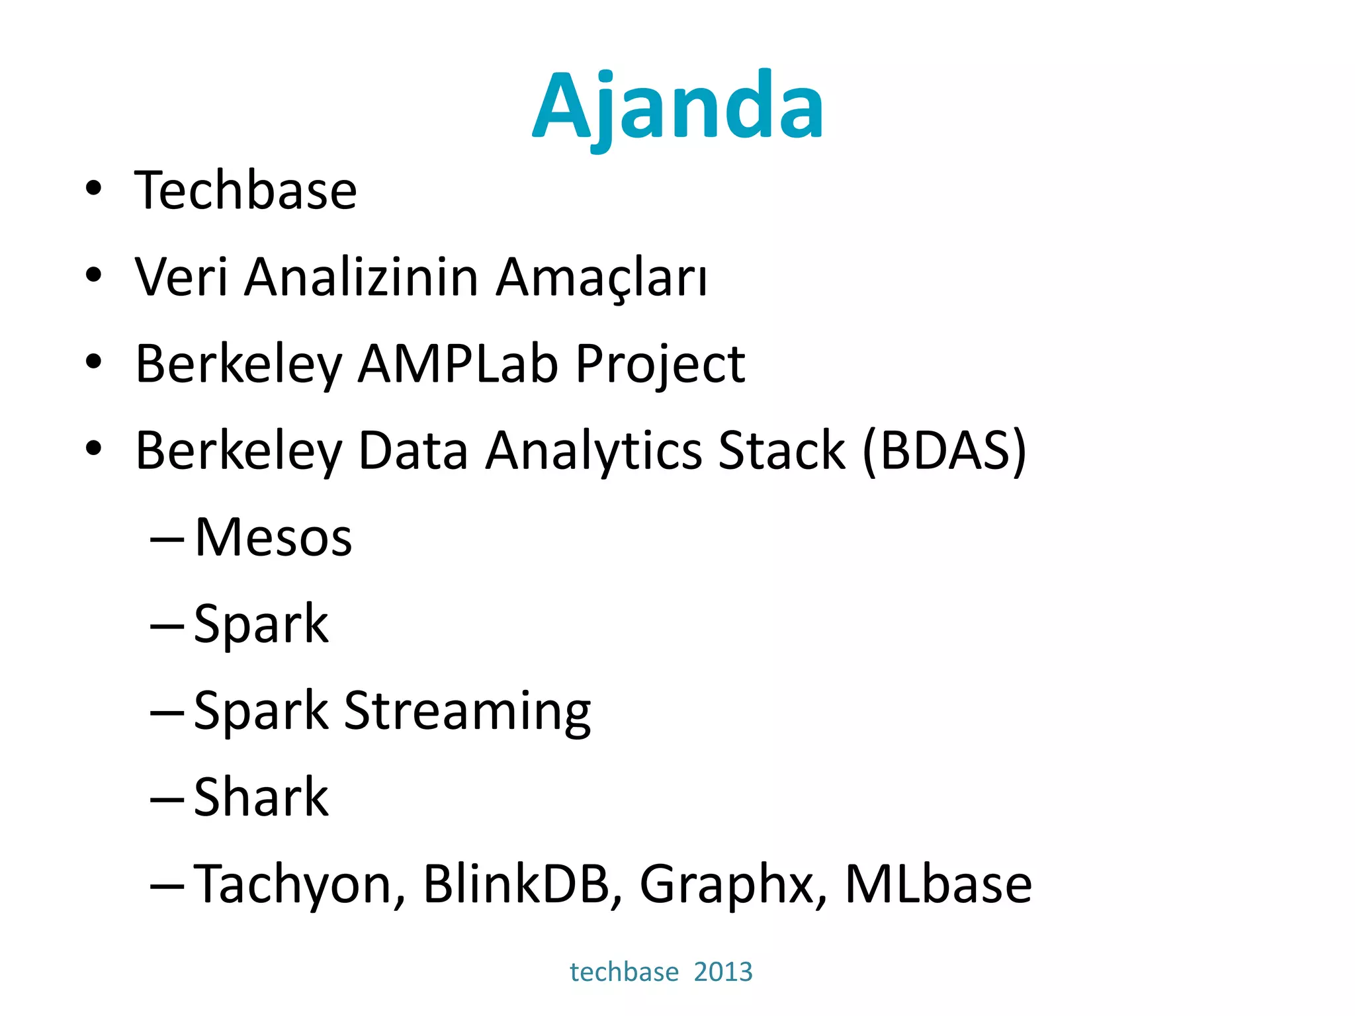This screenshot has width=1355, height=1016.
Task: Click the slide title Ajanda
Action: (677, 106)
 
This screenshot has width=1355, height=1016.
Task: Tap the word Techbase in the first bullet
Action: (245, 190)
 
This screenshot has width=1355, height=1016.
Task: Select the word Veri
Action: (181, 276)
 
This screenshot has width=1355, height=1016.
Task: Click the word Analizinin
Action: (361, 276)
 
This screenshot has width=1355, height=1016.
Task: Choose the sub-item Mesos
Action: (273, 537)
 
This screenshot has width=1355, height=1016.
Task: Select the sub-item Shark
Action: (261, 797)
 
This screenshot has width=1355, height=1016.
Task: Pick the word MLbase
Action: (938, 884)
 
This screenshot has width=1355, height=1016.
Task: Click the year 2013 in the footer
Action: (723, 972)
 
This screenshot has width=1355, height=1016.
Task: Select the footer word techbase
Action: (624, 972)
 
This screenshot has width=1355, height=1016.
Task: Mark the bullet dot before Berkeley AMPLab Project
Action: (93, 362)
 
